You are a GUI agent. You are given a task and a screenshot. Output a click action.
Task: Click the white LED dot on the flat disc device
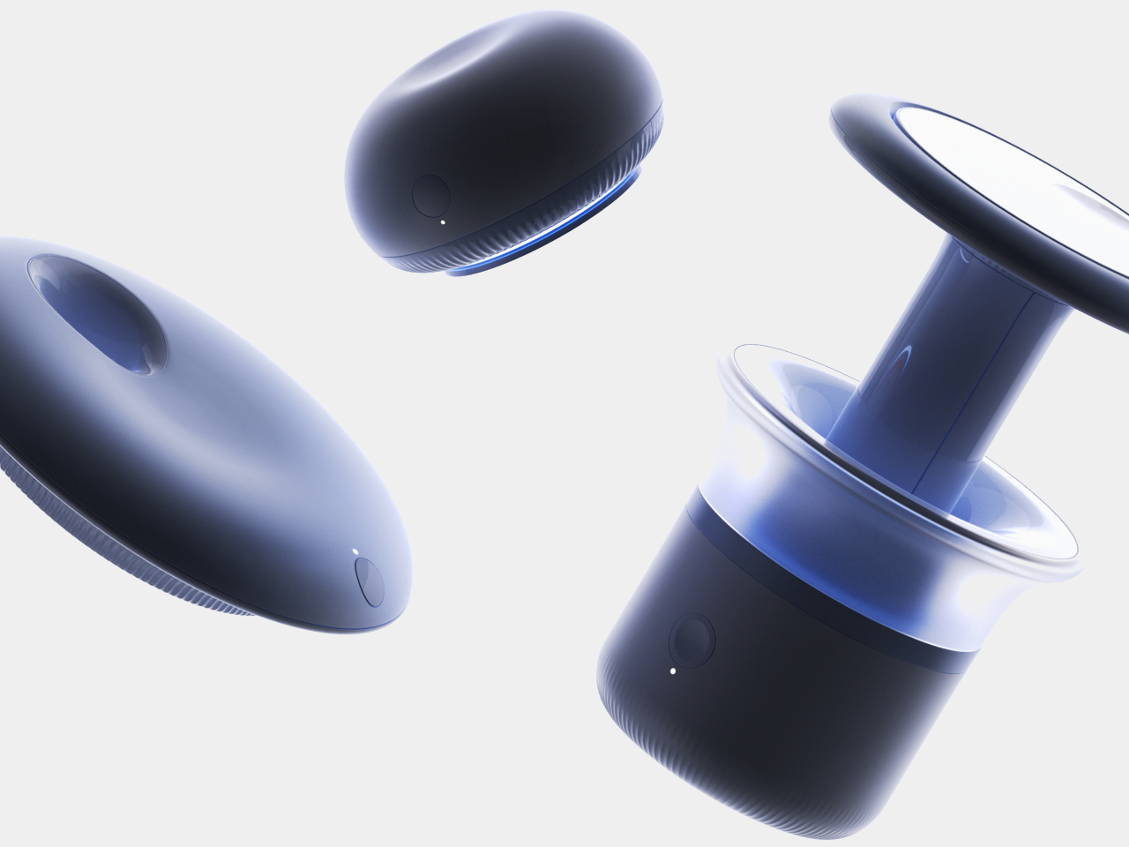(x=355, y=551)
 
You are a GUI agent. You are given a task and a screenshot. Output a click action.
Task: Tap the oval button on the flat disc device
(x=369, y=581)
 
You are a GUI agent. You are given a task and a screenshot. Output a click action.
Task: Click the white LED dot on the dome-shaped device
(x=443, y=222)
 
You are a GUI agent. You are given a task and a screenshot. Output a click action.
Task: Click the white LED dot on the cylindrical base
(x=673, y=671)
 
